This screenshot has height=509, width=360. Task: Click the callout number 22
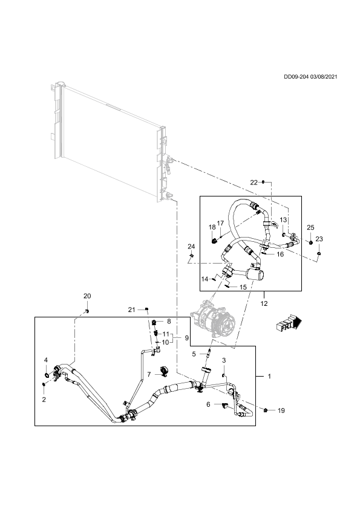tap(254, 183)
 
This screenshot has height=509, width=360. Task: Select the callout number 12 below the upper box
tap(264, 303)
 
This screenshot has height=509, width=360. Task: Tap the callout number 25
tap(310, 227)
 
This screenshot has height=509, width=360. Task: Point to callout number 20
tap(87, 296)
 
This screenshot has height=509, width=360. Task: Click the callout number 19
tap(281, 410)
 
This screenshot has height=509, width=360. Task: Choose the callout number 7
tap(149, 375)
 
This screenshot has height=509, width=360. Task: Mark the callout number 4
tap(46, 360)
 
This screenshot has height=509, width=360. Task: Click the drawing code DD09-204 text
tap(296, 77)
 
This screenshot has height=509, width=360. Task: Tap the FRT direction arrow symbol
tap(289, 323)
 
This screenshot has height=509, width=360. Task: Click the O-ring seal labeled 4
tap(47, 375)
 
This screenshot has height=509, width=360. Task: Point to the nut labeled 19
tap(266, 410)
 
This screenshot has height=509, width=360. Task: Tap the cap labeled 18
tap(214, 241)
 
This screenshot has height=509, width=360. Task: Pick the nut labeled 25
tap(310, 242)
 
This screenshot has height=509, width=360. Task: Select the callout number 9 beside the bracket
tap(187, 338)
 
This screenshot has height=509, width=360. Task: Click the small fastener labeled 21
tap(146, 308)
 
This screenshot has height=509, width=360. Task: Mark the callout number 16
tap(280, 254)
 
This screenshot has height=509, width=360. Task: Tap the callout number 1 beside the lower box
tap(269, 376)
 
